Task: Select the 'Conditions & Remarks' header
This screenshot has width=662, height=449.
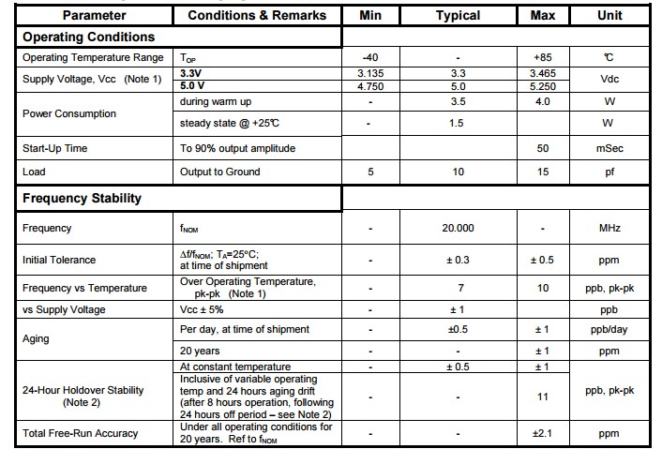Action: click(x=257, y=15)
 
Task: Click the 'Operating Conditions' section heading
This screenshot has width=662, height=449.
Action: click(x=89, y=37)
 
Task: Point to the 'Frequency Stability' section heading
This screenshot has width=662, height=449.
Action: click(x=83, y=198)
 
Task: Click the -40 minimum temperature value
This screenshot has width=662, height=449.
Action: click(x=370, y=57)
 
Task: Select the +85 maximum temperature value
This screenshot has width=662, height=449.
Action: click(x=543, y=57)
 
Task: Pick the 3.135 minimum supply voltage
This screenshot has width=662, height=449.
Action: click(x=370, y=72)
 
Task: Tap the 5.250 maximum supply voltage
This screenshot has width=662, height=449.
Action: click(x=543, y=85)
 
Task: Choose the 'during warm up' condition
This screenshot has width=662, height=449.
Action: click(x=218, y=101)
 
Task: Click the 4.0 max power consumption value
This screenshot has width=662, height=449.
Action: click(x=543, y=101)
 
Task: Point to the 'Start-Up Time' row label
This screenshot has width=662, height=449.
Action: click(x=55, y=148)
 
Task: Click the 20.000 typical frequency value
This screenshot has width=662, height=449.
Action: click(x=458, y=228)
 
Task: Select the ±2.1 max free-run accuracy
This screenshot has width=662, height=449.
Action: click(x=543, y=433)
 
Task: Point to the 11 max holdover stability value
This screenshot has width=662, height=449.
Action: click(x=543, y=397)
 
